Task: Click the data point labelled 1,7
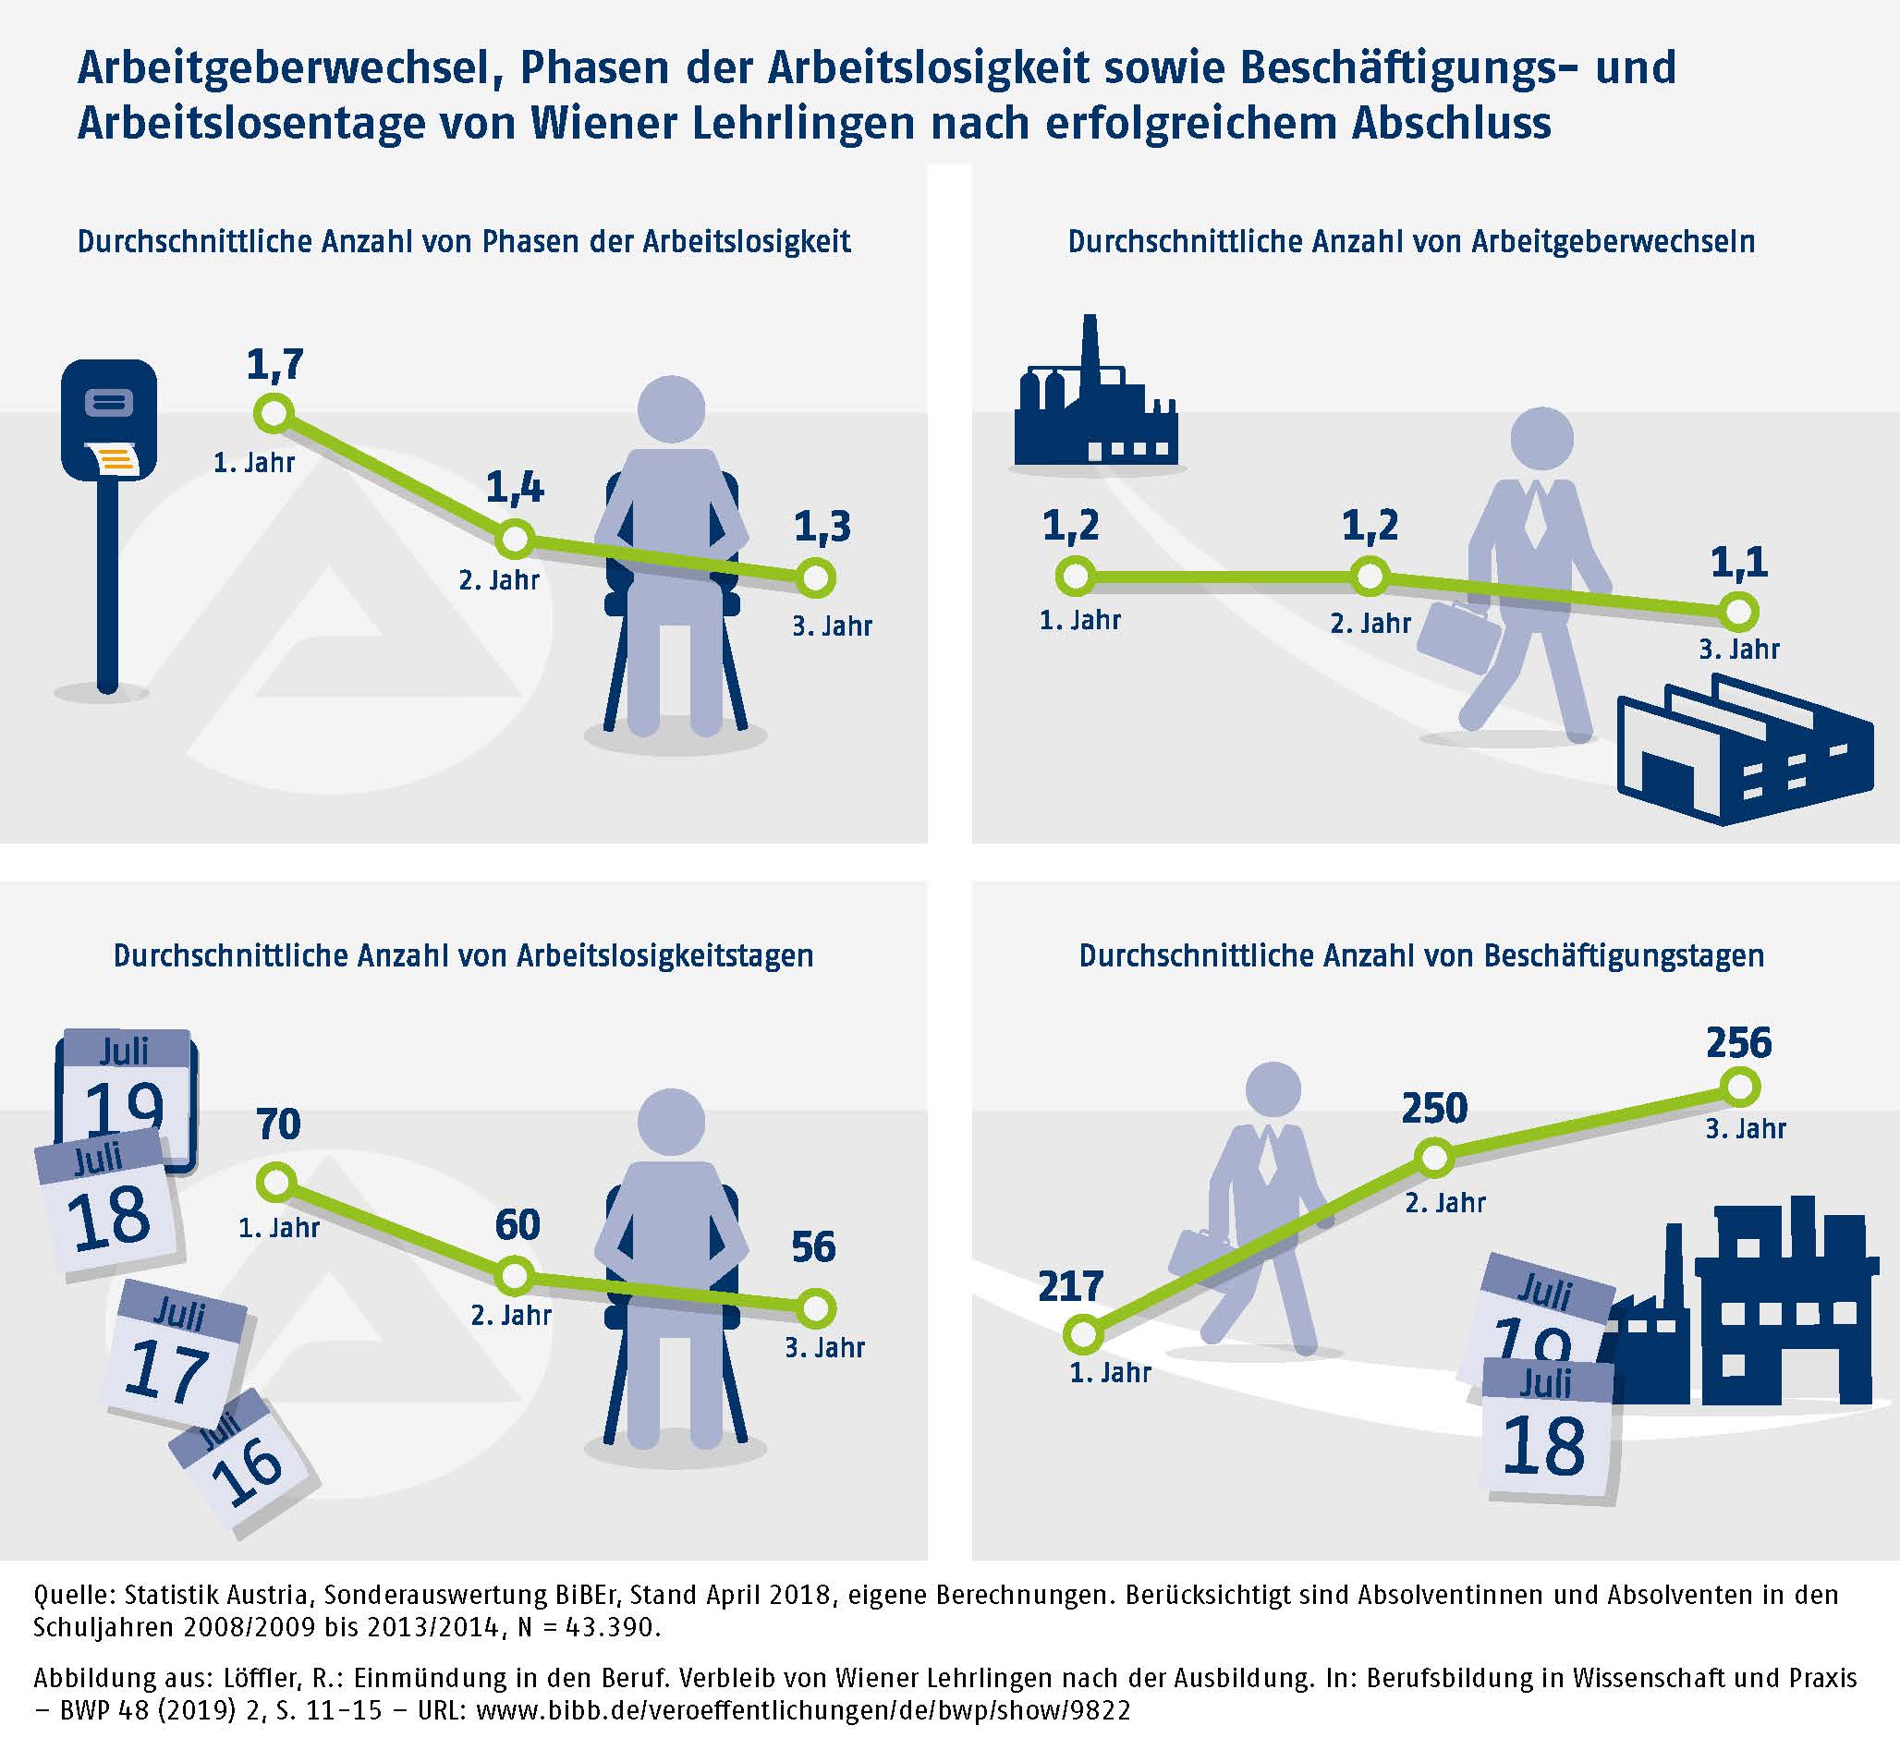(273, 414)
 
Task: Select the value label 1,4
(515, 487)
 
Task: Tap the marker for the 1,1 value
(1738, 612)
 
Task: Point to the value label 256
(1738, 1042)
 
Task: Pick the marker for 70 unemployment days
(276, 1182)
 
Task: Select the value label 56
(813, 1247)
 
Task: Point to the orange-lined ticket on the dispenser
(117, 460)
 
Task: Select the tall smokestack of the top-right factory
(1090, 350)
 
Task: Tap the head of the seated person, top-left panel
(672, 409)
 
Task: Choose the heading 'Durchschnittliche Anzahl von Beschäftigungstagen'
(1420, 955)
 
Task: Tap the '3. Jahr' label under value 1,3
(832, 626)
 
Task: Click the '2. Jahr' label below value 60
(511, 1316)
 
